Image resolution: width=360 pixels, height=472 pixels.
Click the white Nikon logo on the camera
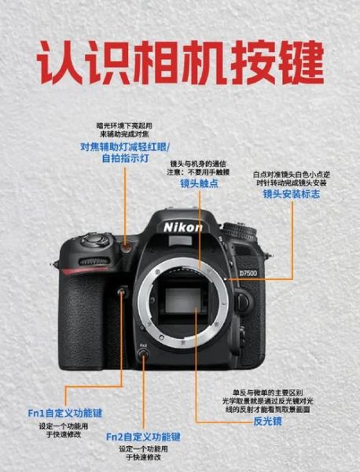click(x=183, y=227)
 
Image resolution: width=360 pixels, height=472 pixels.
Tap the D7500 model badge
click(x=248, y=273)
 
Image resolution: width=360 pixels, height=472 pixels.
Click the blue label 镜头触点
click(x=200, y=183)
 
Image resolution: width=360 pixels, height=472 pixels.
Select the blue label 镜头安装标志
click(x=292, y=194)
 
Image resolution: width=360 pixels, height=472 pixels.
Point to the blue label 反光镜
click(x=268, y=421)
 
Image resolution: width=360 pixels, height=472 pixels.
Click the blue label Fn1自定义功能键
click(x=65, y=413)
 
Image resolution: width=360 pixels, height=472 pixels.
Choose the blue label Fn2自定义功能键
click(x=143, y=437)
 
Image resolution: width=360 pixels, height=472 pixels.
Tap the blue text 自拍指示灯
click(x=126, y=158)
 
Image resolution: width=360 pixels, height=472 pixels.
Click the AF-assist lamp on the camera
click(x=127, y=248)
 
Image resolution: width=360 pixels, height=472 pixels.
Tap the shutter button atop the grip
click(x=95, y=240)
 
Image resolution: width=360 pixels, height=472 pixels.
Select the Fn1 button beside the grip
click(x=121, y=291)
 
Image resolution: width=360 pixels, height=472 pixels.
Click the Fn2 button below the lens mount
click(x=143, y=353)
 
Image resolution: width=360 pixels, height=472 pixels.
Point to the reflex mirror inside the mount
click(x=183, y=301)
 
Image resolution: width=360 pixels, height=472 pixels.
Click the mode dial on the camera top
click(x=239, y=231)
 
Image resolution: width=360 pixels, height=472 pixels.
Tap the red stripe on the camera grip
click(x=84, y=271)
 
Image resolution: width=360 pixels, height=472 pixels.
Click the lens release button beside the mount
click(x=242, y=301)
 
